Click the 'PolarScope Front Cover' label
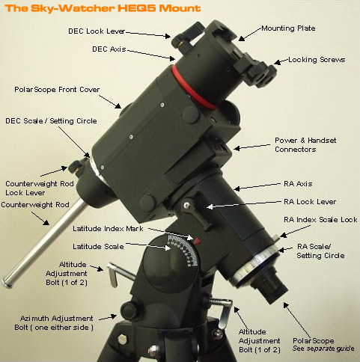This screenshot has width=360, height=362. pos(53,88)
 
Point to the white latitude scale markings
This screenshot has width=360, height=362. pos(179,254)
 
